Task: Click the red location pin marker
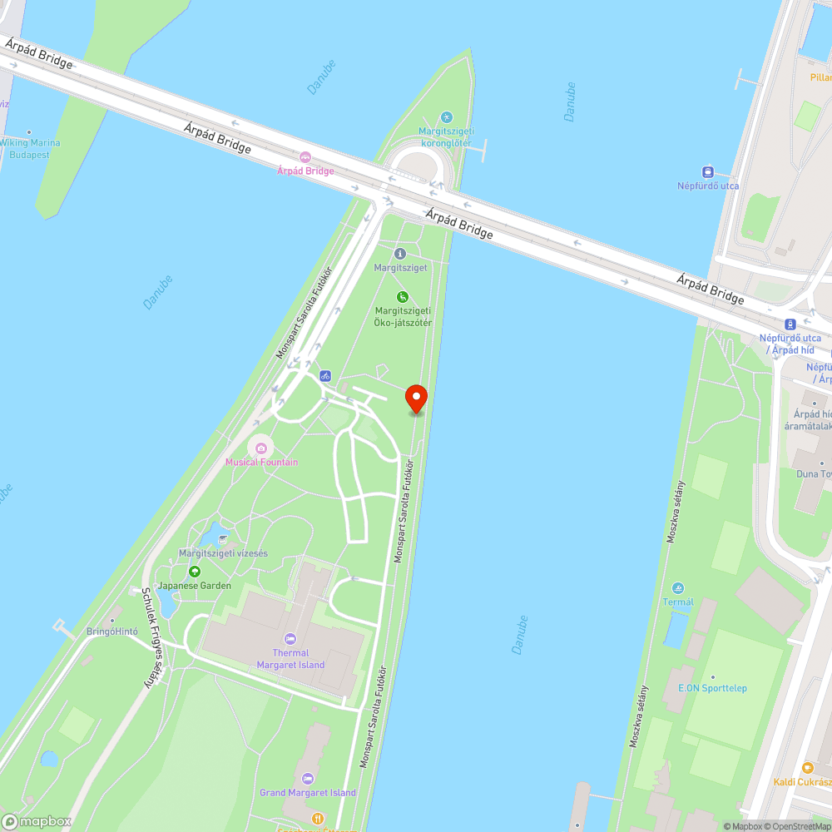tap(415, 398)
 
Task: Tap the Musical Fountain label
tap(261, 462)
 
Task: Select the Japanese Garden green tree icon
tap(195, 572)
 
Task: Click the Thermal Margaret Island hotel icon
tap(290, 639)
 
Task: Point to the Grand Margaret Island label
tap(308, 793)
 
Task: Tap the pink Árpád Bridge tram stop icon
tap(305, 157)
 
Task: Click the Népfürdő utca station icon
tap(708, 171)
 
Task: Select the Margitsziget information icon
tap(399, 253)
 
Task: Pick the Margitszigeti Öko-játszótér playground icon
tap(402, 296)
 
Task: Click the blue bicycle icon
tap(324, 375)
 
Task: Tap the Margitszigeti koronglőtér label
tap(446, 136)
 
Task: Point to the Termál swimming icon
tap(678, 588)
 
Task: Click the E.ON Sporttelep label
tap(712, 688)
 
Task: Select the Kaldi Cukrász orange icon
tap(806, 768)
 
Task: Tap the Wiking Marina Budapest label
tap(30, 148)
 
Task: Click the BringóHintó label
tap(111, 631)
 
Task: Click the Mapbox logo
tap(37, 821)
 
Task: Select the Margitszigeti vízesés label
tap(223, 553)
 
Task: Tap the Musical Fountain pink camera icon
tap(261, 448)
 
